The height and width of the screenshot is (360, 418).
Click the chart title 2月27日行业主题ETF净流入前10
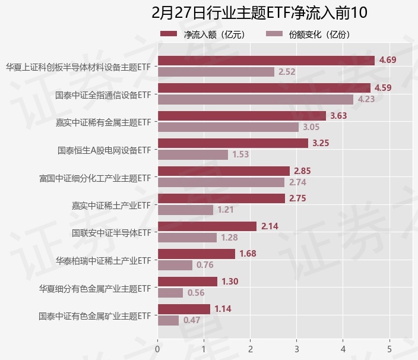[259, 12]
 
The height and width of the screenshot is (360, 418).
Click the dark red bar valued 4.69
[266, 61]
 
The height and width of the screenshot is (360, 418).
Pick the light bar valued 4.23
[255, 99]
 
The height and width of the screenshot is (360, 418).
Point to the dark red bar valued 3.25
[233, 143]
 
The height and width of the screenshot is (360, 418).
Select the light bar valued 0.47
[168, 320]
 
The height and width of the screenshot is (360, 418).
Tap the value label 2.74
[297, 182]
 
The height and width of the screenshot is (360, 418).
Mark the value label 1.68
[248, 254]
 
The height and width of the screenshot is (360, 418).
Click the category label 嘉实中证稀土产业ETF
[110, 206]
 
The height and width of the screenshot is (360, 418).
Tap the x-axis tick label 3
[297, 349]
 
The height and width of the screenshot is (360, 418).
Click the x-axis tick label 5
[389, 349]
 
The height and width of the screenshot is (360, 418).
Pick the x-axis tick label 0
[157, 349]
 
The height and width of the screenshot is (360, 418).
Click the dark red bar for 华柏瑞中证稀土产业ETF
[196, 254]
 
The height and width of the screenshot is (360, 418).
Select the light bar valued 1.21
[185, 210]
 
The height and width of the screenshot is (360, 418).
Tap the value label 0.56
[196, 293]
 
